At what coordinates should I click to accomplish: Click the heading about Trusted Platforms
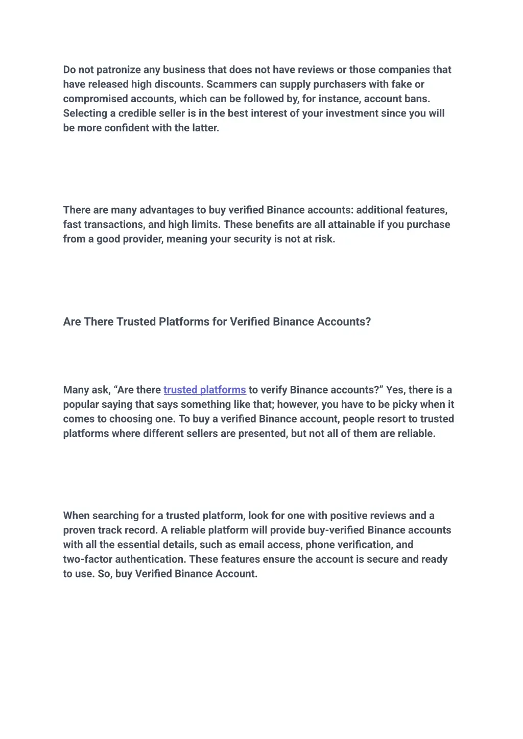[217, 322]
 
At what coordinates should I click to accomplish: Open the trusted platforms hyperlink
[205, 390]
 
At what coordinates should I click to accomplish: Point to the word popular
[81, 405]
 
